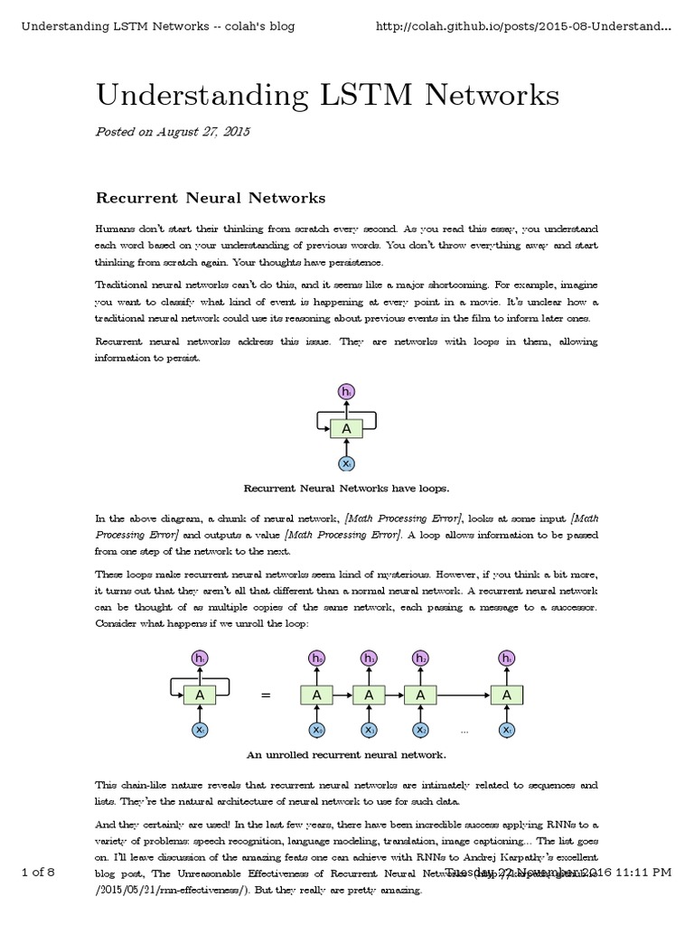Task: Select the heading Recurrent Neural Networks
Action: click(211, 197)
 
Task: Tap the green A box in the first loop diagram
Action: click(347, 428)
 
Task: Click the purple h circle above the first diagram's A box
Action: click(347, 391)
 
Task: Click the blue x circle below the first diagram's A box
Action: click(347, 463)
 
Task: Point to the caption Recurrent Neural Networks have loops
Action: click(346, 488)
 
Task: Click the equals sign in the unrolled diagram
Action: click(266, 696)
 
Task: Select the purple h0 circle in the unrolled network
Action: click(317, 659)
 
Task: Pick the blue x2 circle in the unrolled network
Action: click(421, 729)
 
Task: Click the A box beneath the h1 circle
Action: click(369, 695)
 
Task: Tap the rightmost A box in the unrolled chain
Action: click(507, 695)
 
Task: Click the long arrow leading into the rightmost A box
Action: click(464, 695)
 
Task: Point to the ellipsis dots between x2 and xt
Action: click(464, 730)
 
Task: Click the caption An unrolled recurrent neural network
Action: click(346, 753)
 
